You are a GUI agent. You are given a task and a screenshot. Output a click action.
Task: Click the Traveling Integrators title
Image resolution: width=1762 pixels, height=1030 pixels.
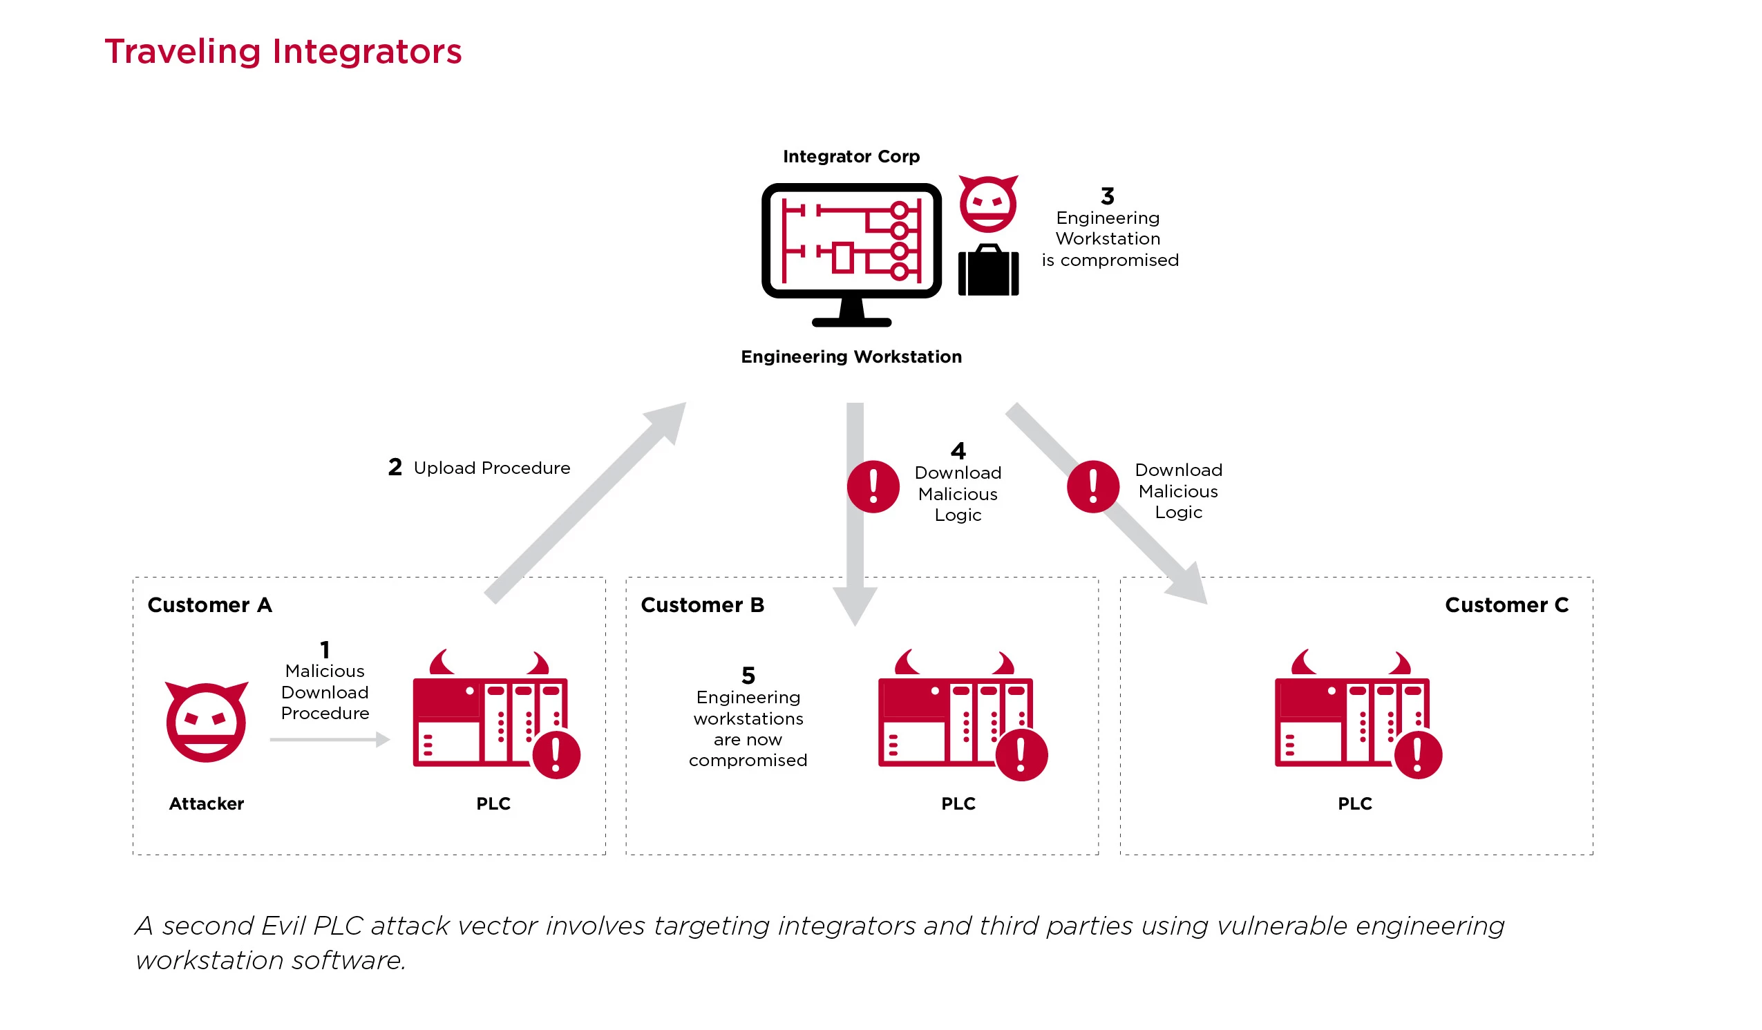pos(283,52)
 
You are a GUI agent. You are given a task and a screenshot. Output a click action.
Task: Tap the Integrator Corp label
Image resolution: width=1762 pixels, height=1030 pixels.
pos(851,156)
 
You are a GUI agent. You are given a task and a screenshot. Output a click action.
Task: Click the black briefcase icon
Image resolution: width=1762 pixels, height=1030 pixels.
pos(988,271)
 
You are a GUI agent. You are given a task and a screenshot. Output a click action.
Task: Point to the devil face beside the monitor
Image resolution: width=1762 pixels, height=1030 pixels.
pos(987,204)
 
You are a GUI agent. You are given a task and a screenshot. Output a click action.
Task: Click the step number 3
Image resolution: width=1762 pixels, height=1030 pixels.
pos(1108,195)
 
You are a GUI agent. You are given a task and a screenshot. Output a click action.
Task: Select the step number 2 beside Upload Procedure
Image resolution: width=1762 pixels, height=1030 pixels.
pos(395,467)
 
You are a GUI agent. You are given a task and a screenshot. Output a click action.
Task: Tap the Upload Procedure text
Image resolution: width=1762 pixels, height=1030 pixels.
pos(491,468)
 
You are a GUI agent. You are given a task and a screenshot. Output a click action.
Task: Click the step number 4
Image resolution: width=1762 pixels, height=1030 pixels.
pos(958,450)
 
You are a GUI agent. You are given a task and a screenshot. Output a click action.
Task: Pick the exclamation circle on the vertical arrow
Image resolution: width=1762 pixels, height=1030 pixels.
pos(873,487)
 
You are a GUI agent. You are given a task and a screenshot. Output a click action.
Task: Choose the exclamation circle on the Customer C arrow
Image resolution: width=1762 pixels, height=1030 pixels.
pos(1093,487)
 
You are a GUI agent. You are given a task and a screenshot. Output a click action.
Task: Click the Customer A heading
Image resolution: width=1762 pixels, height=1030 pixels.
pos(210,605)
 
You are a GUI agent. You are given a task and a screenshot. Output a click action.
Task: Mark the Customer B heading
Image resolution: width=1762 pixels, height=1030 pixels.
pos(702,605)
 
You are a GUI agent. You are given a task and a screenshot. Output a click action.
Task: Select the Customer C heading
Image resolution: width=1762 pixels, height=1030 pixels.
pos(1506,605)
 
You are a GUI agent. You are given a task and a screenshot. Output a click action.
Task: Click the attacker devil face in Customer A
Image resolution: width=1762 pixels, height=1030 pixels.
pos(207,722)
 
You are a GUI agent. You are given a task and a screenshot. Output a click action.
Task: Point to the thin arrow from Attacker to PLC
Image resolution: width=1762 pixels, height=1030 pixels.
pos(330,739)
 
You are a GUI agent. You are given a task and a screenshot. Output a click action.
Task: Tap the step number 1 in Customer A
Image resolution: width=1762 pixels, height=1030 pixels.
pos(325,649)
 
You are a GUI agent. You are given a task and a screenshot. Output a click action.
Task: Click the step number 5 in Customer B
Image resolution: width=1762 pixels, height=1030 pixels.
pos(748,676)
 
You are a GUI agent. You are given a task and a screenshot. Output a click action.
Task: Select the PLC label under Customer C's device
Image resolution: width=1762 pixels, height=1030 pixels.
pos(1354,803)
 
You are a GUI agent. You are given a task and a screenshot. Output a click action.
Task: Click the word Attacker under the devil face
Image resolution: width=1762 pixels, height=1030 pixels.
pos(207,803)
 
